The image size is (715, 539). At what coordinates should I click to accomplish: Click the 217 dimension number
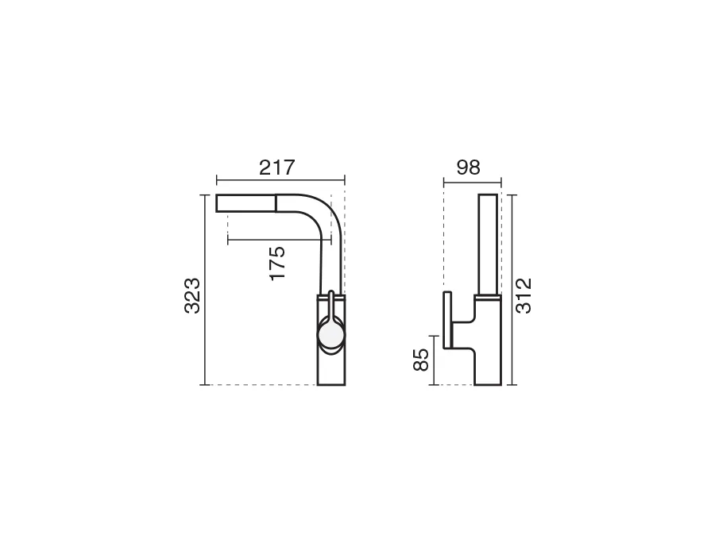[277, 167]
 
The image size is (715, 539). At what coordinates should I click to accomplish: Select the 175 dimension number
[277, 264]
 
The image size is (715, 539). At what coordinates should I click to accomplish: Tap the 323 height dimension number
[192, 295]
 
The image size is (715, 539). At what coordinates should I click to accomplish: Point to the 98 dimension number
[468, 167]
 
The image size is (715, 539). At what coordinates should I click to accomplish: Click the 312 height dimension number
[524, 295]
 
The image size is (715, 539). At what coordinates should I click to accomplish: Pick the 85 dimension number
[421, 360]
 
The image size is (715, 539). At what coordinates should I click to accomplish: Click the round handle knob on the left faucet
[331, 335]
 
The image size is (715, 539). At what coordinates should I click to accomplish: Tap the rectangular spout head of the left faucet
[245, 202]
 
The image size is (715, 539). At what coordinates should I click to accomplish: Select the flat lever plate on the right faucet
[447, 320]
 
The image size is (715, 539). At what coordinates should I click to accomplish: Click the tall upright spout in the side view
[488, 244]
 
